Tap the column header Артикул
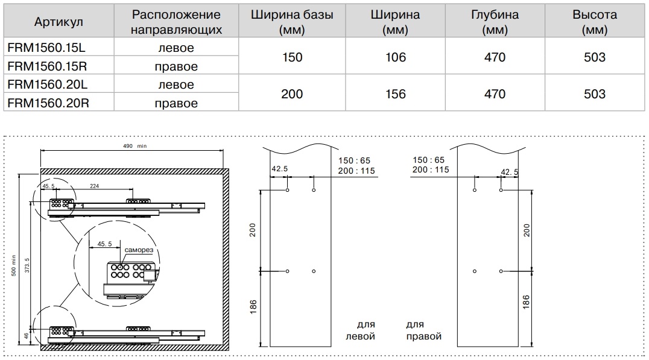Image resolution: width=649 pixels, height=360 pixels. pyautogui.click(x=59, y=22)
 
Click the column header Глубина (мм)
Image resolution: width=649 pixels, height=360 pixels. pyautogui.click(x=495, y=22)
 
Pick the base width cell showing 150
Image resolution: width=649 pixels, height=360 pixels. pyautogui.click(x=292, y=57)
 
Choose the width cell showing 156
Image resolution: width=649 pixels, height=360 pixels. pyautogui.click(x=395, y=94)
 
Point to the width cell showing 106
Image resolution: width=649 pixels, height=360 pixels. pyautogui.click(x=395, y=57)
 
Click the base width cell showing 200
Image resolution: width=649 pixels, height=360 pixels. pyautogui.click(x=292, y=94)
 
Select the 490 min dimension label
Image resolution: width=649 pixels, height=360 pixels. pyautogui.click(x=135, y=146)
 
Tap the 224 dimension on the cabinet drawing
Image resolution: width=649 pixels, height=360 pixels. pyautogui.click(x=94, y=186)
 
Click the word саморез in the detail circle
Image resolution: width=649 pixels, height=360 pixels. pyautogui.click(x=139, y=250)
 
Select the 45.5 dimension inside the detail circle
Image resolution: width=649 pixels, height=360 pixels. pyautogui.click(x=105, y=244)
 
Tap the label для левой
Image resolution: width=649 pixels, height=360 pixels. pyautogui.click(x=361, y=330)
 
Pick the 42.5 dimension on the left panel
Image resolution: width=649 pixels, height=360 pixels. pyautogui.click(x=279, y=169)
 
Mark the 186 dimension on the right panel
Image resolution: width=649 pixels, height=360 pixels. pyautogui.click(x=526, y=302)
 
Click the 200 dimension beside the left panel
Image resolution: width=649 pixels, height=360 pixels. pyautogui.click(x=253, y=230)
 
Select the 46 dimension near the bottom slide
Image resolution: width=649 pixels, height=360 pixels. pyautogui.click(x=27, y=336)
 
